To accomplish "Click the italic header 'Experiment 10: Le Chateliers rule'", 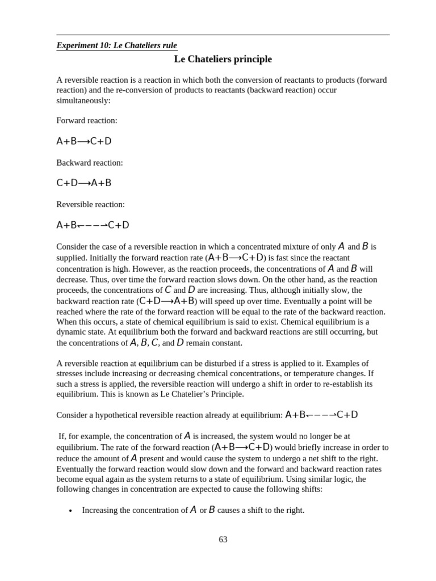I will (x=116, y=45).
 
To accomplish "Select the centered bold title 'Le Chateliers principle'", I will (x=223, y=59).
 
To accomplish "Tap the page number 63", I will (x=223, y=540).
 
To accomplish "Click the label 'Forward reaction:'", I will (x=87, y=121).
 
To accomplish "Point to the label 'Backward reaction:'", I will (x=90, y=163).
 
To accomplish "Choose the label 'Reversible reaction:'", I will (x=90, y=204).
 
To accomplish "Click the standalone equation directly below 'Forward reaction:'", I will (x=84, y=141).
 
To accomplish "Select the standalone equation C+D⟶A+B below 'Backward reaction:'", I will (x=84, y=183).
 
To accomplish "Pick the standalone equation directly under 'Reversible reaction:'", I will (x=93, y=225).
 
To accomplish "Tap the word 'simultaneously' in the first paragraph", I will (x=82, y=100).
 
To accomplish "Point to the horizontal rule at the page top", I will (x=223, y=35).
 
